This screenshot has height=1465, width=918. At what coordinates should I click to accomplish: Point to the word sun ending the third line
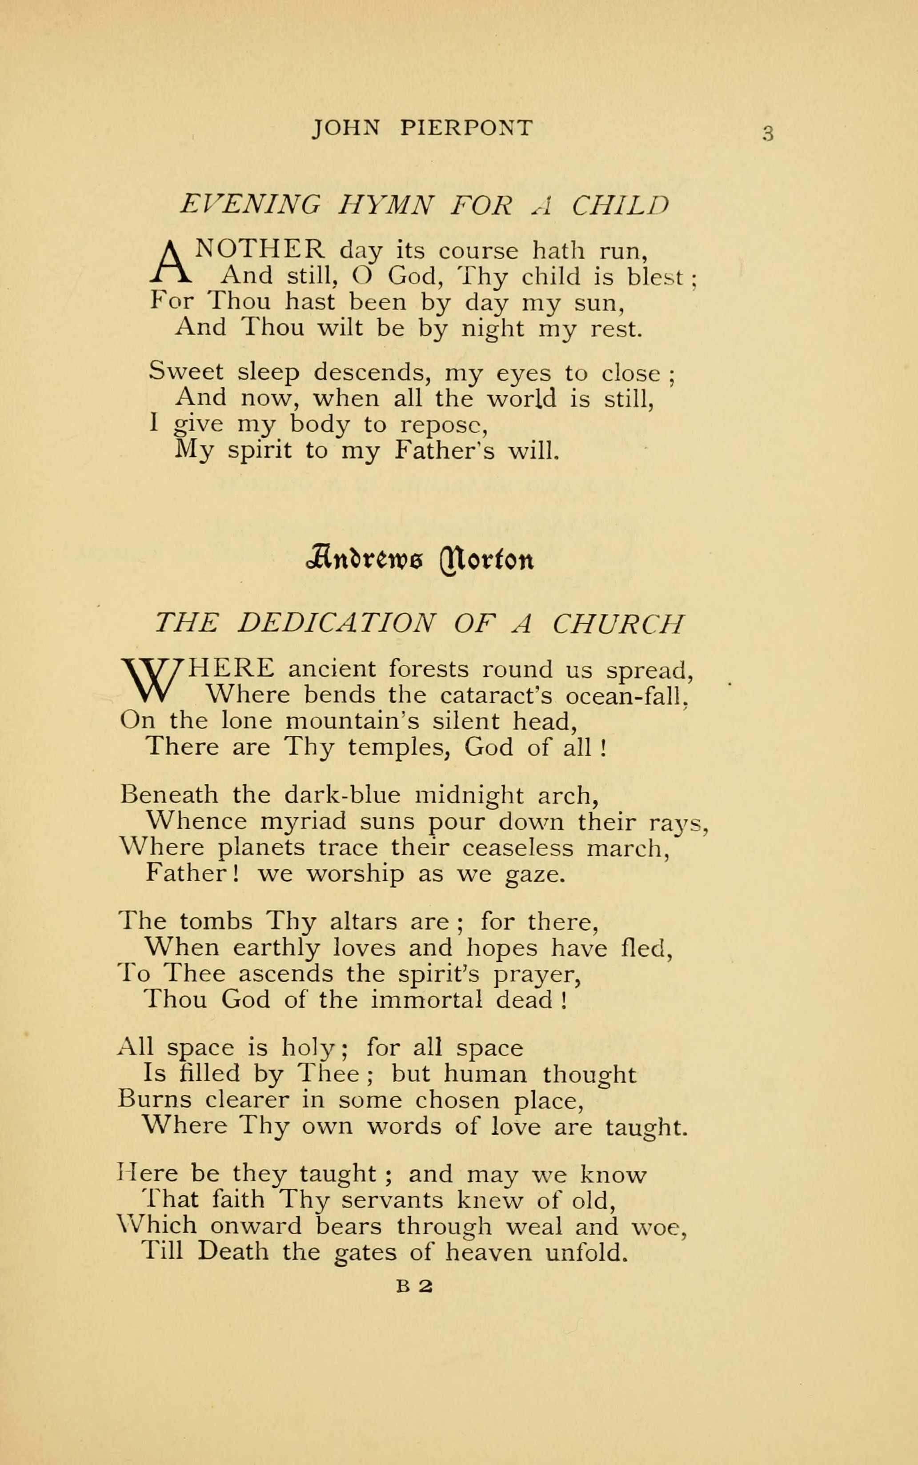point(598,302)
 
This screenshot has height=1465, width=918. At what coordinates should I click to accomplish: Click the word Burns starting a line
point(155,1100)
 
